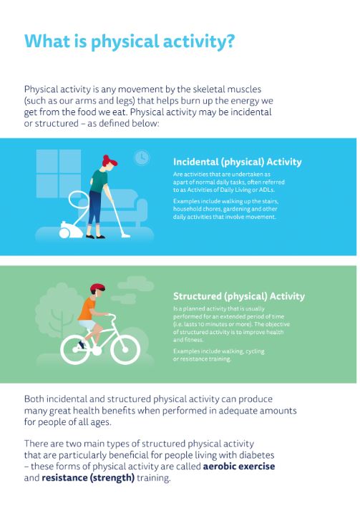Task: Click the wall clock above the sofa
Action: pyautogui.click(x=142, y=157)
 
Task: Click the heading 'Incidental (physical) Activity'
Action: pyautogui.click(x=237, y=162)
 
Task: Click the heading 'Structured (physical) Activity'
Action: pyautogui.click(x=238, y=296)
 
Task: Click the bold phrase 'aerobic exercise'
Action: pyautogui.click(x=238, y=467)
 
